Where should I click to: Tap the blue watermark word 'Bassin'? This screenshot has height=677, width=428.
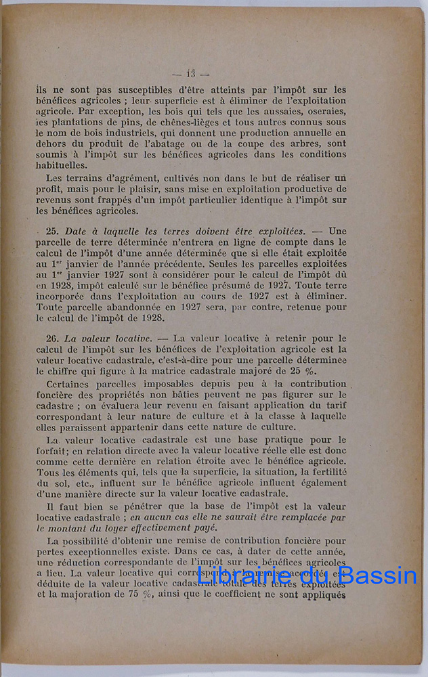tap(378, 577)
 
